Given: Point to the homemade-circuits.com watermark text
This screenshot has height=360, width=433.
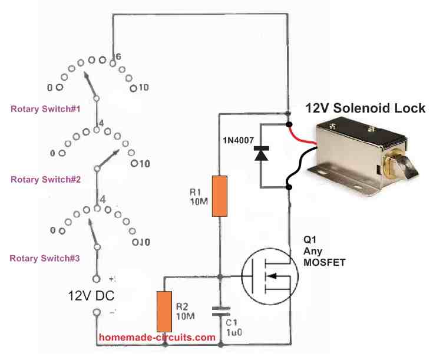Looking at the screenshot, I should point(157,338).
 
